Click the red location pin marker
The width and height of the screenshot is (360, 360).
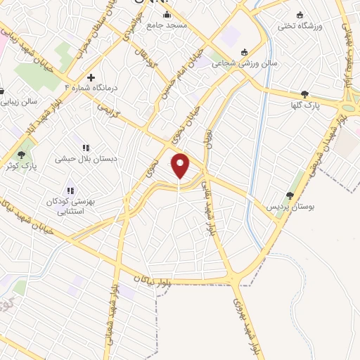[x=181, y=165]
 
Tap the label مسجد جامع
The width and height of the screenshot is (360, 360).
[x=167, y=25]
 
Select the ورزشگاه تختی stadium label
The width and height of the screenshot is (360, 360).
[x=300, y=26]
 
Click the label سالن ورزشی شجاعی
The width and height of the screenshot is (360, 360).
[x=245, y=63]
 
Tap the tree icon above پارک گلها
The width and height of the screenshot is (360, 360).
[x=304, y=94]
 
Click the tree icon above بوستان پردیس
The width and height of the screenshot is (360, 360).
[x=290, y=196]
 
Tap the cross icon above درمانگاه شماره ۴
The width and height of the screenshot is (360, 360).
[x=90, y=77]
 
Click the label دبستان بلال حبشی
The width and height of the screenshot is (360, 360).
[x=85, y=160]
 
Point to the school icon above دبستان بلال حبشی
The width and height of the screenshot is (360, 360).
[x=85, y=148]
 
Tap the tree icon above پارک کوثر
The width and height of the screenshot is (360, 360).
[x=22, y=155]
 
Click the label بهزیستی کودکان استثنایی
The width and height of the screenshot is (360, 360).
[x=70, y=205]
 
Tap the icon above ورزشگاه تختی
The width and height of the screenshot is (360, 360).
[x=300, y=15]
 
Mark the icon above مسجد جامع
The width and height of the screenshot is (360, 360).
[x=167, y=15]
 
